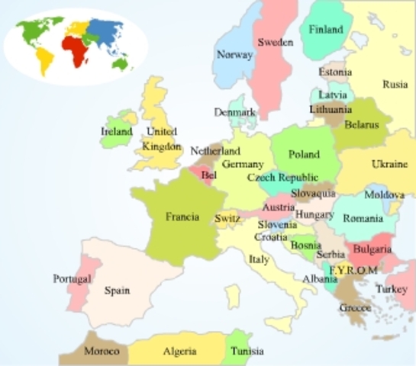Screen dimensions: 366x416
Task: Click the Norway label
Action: pos(234,55)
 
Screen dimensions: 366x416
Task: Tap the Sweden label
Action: pos(275,43)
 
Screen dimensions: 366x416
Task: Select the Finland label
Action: pos(326,30)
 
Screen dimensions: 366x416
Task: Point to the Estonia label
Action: pos(335,72)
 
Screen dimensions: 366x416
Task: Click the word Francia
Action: pos(182,217)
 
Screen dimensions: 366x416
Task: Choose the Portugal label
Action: pos(72,279)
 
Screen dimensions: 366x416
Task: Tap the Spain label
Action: pos(117,291)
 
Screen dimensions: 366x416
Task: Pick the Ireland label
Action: pos(116,131)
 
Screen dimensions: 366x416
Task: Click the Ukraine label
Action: pos(389,164)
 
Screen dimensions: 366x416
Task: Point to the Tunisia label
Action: pos(247,352)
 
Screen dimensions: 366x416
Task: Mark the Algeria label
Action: pos(179,352)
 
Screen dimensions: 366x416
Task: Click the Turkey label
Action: pos(391,290)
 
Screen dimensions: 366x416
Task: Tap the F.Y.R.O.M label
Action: pos(353,270)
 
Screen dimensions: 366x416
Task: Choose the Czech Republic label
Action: pos(282,178)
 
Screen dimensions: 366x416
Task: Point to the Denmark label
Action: pos(234,112)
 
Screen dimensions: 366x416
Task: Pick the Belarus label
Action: pos(361,125)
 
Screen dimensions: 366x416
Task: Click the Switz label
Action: pos(227,219)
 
